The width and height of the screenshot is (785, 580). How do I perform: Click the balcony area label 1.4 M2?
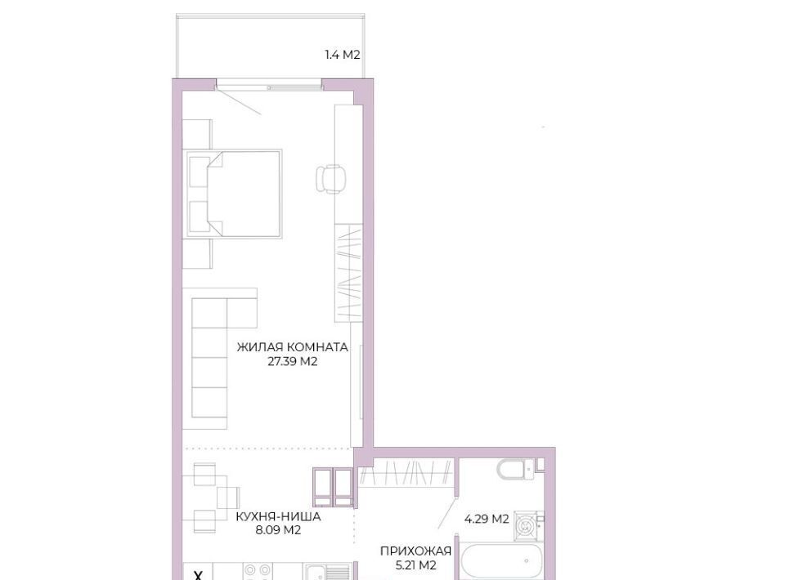(x=343, y=55)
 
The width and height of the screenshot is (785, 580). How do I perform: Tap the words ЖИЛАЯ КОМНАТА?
(x=293, y=347)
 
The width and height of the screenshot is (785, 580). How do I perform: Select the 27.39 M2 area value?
(x=293, y=362)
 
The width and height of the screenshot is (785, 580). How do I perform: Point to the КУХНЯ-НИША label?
(x=278, y=516)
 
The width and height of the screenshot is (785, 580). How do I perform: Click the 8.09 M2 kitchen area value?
(x=278, y=530)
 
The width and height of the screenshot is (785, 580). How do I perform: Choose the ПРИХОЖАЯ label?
(x=415, y=551)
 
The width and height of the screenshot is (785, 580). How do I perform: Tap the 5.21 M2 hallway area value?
(x=415, y=565)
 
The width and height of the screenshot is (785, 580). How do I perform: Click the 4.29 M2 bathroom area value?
(x=487, y=519)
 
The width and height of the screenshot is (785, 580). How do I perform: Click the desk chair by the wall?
(x=330, y=179)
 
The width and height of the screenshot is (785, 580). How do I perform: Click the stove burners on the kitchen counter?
(x=258, y=571)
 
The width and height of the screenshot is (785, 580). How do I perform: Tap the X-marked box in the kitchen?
(x=198, y=572)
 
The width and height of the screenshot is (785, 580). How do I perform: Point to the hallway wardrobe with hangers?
(x=406, y=472)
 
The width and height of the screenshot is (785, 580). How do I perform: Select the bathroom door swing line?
(x=447, y=512)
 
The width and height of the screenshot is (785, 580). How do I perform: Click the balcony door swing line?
(x=239, y=101)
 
